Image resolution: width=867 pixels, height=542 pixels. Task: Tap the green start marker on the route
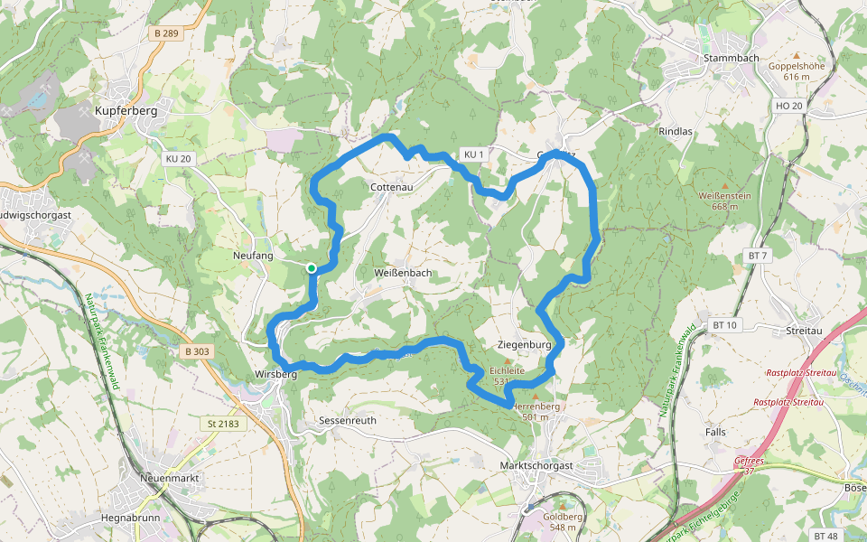click(311, 267)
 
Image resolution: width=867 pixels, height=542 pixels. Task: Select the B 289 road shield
click(167, 33)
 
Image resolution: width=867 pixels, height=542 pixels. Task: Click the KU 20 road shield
click(179, 158)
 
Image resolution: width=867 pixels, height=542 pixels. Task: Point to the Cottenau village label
click(393, 187)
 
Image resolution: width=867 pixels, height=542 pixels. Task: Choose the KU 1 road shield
click(474, 154)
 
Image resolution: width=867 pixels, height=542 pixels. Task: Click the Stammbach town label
click(729, 59)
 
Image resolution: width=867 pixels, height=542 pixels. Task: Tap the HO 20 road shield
click(788, 106)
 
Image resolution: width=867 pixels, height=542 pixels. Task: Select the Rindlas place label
click(676, 131)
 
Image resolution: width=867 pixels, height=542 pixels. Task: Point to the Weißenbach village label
click(402, 273)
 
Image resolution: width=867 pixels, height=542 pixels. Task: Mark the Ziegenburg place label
click(524, 345)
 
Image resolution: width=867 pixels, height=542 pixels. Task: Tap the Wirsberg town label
click(275, 374)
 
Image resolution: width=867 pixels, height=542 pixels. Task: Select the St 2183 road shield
click(222, 423)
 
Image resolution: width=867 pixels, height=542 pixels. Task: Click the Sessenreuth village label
click(348, 421)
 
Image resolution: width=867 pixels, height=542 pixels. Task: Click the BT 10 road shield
click(724, 324)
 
